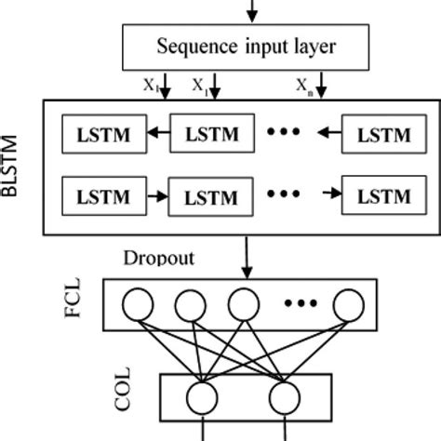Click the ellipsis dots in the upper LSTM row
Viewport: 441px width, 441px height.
(x=285, y=133)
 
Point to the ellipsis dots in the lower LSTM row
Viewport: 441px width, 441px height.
(x=285, y=194)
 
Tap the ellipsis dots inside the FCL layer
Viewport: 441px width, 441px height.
(x=300, y=303)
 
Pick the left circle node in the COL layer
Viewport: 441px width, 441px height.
(x=200, y=398)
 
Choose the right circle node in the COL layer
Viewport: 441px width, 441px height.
(x=283, y=398)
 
